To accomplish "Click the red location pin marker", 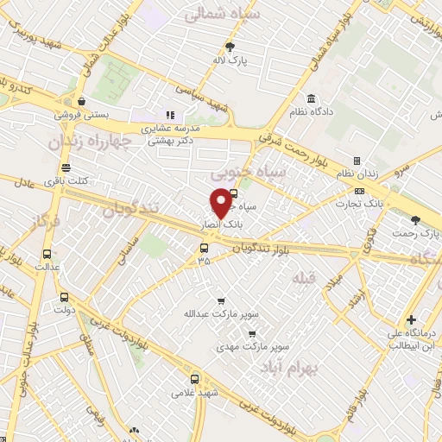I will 221,204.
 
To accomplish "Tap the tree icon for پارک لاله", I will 230,47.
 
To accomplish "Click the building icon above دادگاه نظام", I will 311,99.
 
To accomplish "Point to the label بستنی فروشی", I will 79,114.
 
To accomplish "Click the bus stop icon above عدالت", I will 47,254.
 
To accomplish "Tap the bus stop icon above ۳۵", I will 204,249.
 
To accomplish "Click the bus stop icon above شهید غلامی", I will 194,378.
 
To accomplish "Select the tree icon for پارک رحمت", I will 416,220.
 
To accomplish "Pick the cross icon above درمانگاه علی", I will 412,319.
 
